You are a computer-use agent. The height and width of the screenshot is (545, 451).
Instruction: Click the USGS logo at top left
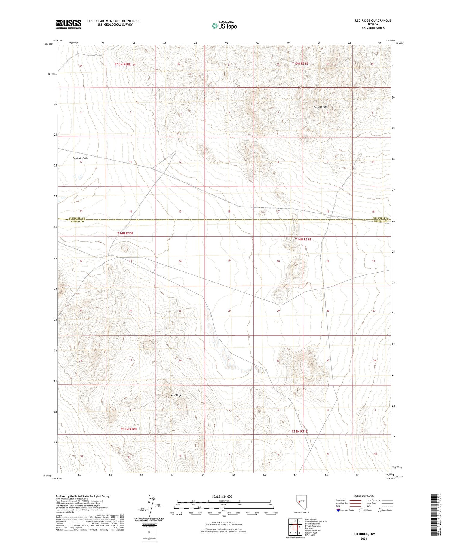tap(69, 24)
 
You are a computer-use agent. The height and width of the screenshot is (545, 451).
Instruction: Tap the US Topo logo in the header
tap(224, 26)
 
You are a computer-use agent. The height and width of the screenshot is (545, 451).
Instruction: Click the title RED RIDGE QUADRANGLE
tap(373, 20)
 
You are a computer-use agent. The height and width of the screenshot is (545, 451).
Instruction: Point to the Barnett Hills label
tap(321, 107)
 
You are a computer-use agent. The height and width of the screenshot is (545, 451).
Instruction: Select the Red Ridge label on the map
tap(176, 395)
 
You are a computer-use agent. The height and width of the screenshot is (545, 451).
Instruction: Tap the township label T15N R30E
tap(123, 64)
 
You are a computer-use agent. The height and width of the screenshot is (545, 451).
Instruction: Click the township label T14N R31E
tap(303, 240)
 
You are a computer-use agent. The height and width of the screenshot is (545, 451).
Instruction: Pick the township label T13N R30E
tap(129, 429)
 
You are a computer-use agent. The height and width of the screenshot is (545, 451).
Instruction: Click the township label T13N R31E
tap(300, 431)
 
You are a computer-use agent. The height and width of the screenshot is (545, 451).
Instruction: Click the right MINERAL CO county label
tap(381, 221)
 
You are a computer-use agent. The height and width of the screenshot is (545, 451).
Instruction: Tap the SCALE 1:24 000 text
tap(222, 496)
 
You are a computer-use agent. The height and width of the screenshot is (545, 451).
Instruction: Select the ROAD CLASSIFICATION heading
tap(364, 496)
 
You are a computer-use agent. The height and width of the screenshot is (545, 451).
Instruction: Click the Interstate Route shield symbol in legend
tap(338, 510)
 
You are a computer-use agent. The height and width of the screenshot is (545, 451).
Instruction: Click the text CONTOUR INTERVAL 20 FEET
tap(224, 523)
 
